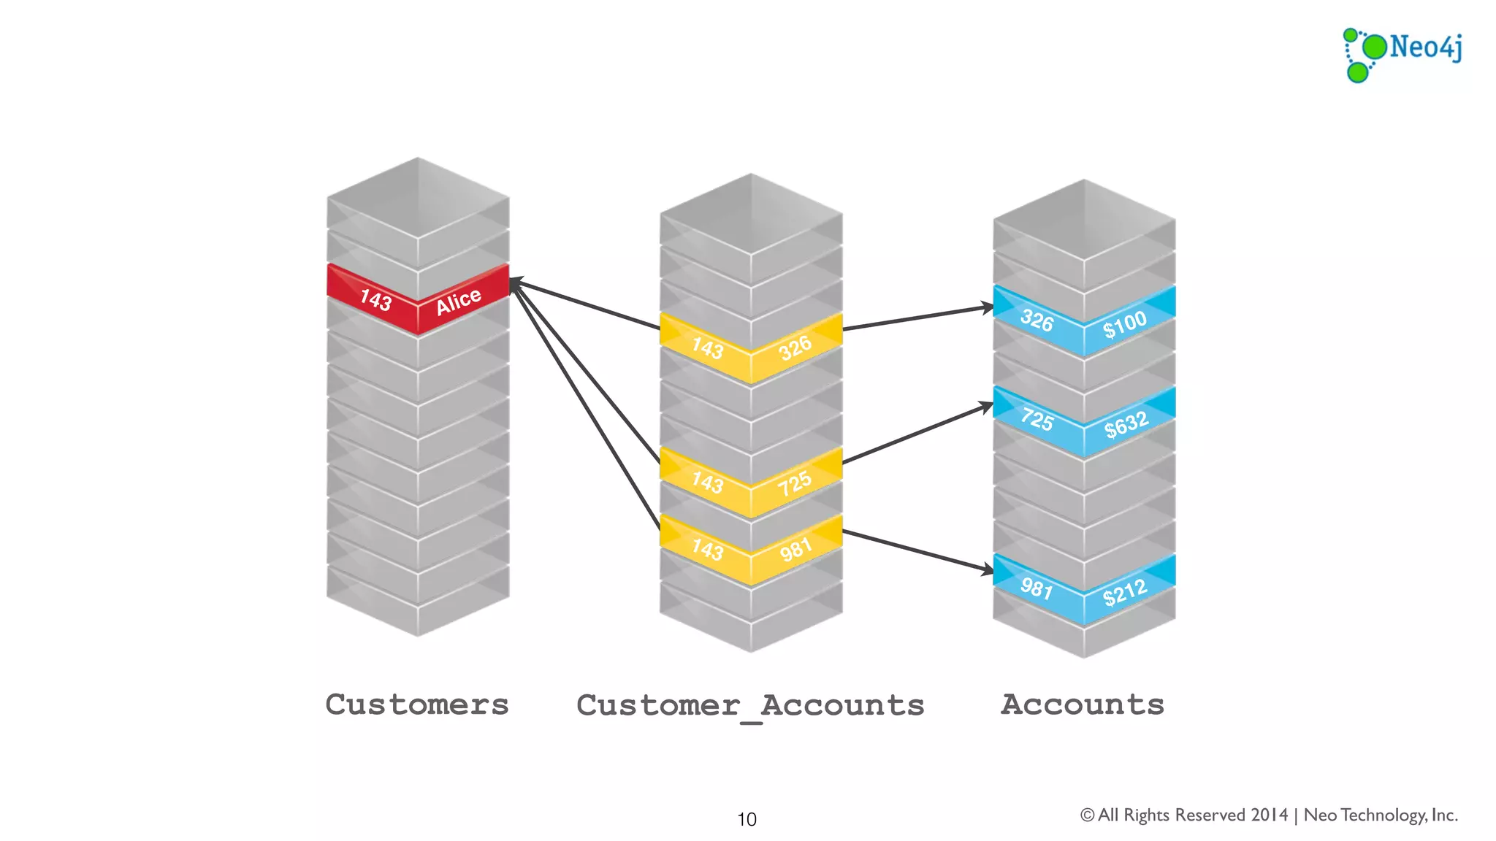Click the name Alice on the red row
[459, 301]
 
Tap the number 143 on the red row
[375, 299]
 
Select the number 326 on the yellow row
[795, 347]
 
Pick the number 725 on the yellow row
[795, 483]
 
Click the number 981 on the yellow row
[795, 549]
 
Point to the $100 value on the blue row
[1125, 323]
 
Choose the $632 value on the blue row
[1126, 424]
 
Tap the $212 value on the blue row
[1125, 592]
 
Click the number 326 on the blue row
[1037, 320]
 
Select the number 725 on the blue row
[1037, 420]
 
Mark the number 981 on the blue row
[1037, 588]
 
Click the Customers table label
[417, 704]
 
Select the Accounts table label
[1083, 704]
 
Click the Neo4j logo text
[1425, 47]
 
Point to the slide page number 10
[747, 819]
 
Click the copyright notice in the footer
[1269, 815]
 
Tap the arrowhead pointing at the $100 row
[988, 308]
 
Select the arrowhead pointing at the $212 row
[988, 569]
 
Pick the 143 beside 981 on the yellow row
[707, 549]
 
